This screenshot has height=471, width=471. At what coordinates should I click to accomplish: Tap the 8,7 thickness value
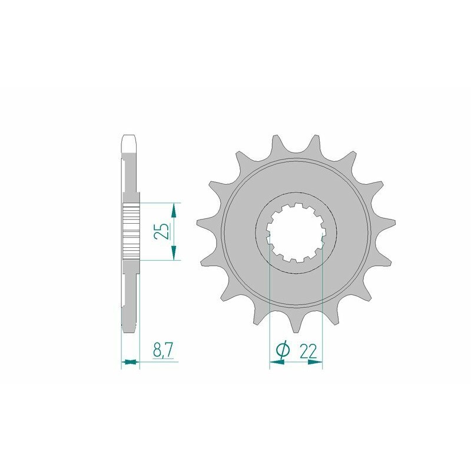click(x=162, y=351)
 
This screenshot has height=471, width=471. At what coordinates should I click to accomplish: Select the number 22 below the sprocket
click(x=309, y=351)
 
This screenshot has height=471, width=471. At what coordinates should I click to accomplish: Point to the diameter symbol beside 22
click(x=282, y=351)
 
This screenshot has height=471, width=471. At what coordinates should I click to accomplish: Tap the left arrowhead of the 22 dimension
click(x=274, y=363)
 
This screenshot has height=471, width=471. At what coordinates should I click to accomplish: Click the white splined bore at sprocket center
click(x=296, y=233)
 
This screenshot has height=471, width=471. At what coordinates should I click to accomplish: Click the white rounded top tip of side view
click(x=130, y=143)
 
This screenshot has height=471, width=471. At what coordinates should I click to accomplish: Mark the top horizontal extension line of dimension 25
click(x=159, y=203)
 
